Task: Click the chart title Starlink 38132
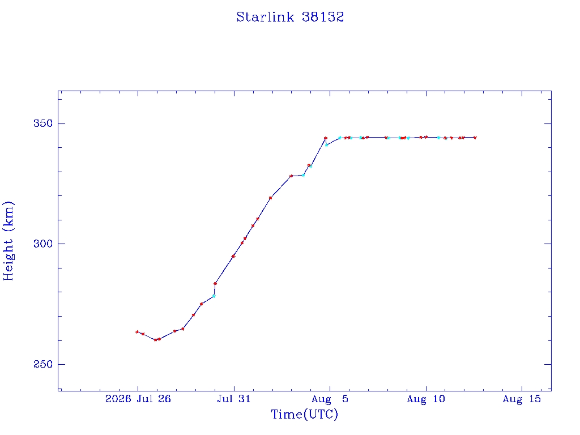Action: [290, 17]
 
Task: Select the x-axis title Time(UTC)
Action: [304, 414]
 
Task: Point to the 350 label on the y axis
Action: [43, 123]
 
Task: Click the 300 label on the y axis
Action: [43, 244]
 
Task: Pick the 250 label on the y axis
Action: [43, 364]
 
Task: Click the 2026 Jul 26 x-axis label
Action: [138, 399]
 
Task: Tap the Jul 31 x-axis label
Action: [234, 399]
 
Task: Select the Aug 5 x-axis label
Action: [330, 399]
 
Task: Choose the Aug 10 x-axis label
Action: [426, 399]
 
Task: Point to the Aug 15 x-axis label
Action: [522, 399]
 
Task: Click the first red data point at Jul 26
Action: [137, 332]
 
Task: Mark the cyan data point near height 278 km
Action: [214, 296]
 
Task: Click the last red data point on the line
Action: [475, 138]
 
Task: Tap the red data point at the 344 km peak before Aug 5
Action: [326, 138]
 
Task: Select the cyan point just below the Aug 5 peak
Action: [327, 145]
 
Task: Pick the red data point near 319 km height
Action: [270, 198]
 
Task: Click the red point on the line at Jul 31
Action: [233, 257]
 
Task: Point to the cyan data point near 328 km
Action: [304, 176]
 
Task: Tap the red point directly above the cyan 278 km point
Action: [215, 284]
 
